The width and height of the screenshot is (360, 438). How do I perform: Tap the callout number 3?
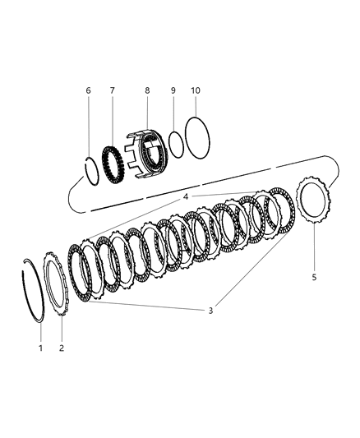(x=211, y=311)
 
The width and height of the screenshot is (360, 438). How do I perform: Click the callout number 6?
(x=89, y=90)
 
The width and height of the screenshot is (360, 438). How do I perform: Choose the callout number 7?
(x=113, y=90)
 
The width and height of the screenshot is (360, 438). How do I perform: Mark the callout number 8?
(x=146, y=90)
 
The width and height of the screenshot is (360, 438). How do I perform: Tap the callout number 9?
(x=173, y=90)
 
